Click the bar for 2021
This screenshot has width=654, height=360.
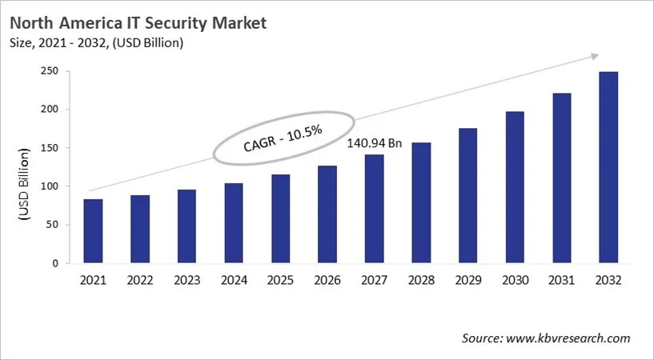point(93,231)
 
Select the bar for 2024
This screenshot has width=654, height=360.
point(234,223)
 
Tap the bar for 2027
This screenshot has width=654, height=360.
point(374,209)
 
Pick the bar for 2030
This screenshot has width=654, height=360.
point(515,187)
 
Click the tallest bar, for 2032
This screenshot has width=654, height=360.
point(608,167)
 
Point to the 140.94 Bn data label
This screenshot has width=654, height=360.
point(374,143)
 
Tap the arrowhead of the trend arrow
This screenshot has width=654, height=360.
point(594,55)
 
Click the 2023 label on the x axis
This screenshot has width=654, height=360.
point(187,281)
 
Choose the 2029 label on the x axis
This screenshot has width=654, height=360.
point(467,281)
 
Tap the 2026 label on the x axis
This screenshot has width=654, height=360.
point(327,281)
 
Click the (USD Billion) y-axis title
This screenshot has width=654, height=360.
point(24,186)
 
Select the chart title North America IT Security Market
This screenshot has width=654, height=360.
point(138,23)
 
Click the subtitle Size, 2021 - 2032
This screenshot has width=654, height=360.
point(96,43)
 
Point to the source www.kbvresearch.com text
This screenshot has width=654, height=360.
point(546,338)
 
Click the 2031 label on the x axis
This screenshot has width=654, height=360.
point(561,281)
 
